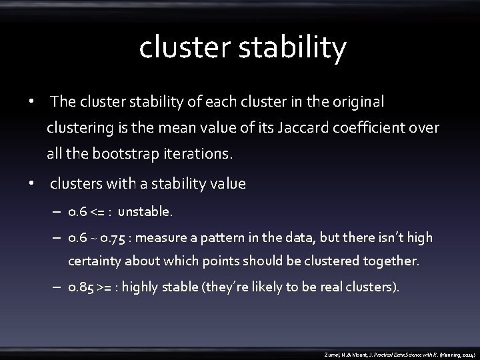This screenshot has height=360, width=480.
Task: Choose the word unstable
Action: point(145,212)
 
